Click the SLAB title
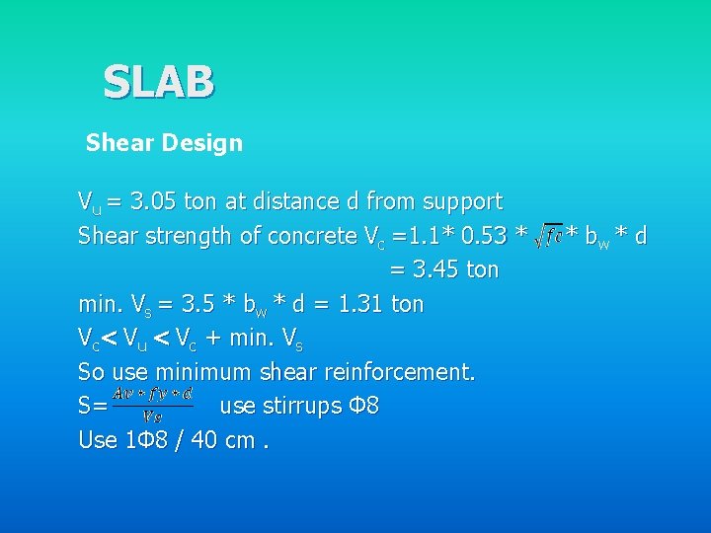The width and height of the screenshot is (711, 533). (x=158, y=82)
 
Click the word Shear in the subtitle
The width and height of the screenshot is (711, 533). (x=115, y=143)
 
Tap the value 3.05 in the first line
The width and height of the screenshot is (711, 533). (x=154, y=202)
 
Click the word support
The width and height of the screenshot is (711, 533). (x=462, y=202)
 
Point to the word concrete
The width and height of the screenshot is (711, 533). (x=284, y=237)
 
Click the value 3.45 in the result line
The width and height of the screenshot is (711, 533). (x=437, y=270)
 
